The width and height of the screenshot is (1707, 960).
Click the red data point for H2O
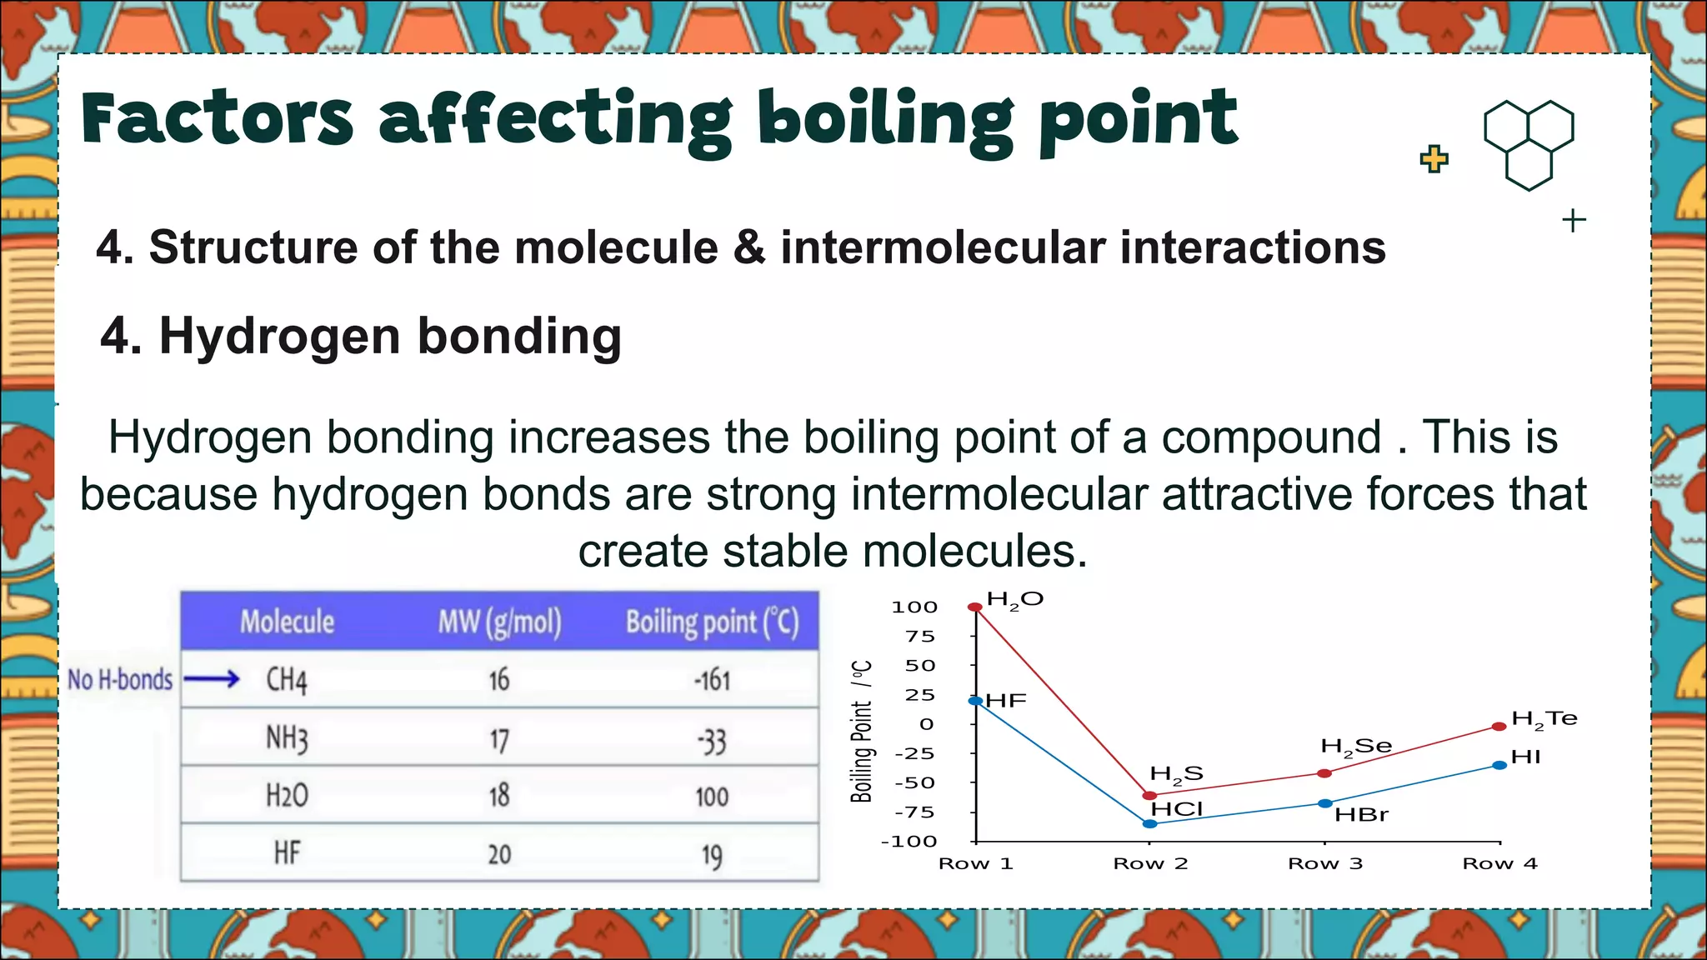[x=974, y=607]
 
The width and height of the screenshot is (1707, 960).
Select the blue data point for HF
[x=975, y=701]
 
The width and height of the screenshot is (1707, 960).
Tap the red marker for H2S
[x=1150, y=796]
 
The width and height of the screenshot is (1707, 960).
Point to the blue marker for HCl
[x=1150, y=824]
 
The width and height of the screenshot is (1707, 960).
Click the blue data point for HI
[x=1499, y=765]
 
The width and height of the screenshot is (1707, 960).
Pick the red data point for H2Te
[x=1499, y=727]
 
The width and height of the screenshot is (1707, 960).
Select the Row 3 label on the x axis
[x=1325, y=863]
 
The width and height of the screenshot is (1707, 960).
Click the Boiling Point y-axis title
[x=862, y=732]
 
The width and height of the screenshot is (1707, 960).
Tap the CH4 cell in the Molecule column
[x=287, y=680]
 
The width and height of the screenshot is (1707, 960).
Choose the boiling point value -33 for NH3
[x=711, y=740]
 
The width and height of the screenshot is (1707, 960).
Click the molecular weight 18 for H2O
[x=498, y=796]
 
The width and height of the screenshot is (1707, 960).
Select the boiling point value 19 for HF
[x=711, y=855]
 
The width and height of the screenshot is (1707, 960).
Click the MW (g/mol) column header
[x=499, y=622]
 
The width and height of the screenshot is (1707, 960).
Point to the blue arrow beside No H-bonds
[x=212, y=680]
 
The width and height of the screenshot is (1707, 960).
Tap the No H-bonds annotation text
[x=120, y=680]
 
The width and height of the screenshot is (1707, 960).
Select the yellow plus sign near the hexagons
[x=1434, y=158]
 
